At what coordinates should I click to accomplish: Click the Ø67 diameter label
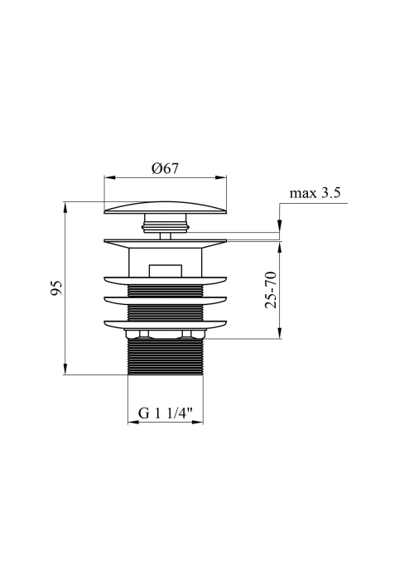[x=165, y=169]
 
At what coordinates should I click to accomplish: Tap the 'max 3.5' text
[x=315, y=193]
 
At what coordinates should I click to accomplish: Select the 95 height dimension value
[x=56, y=288]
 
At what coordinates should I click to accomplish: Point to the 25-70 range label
[x=271, y=290]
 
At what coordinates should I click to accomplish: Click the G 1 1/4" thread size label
[x=166, y=413]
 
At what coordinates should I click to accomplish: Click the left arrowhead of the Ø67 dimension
[x=110, y=177]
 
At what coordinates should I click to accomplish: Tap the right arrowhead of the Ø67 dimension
[x=221, y=177]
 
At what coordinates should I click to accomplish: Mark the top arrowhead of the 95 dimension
[x=65, y=207]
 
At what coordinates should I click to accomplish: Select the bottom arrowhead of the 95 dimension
[x=65, y=370]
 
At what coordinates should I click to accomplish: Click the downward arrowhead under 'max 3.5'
[x=280, y=226]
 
